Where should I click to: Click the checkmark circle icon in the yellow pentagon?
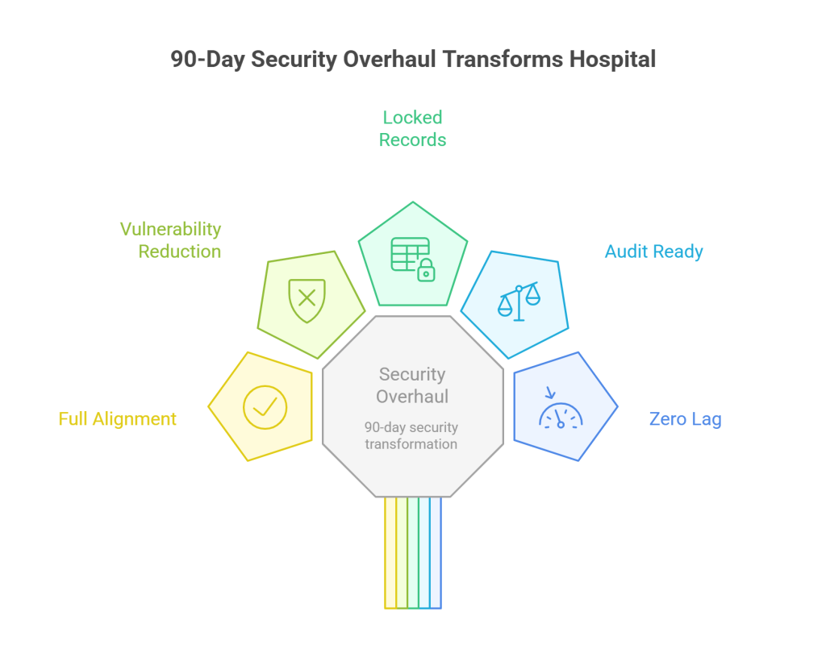point(265,406)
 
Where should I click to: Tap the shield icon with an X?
point(307,300)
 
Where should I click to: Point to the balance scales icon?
point(519,302)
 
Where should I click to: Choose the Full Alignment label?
point(118,419)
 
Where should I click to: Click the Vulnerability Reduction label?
point(170,240)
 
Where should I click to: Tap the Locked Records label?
point(412,129)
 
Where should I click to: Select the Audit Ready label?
point(653,252)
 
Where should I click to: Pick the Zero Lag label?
point(685,419)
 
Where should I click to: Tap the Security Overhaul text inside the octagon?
point(412,385)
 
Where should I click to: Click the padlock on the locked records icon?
point(426,272)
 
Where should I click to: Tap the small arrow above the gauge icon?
point(551,393)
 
